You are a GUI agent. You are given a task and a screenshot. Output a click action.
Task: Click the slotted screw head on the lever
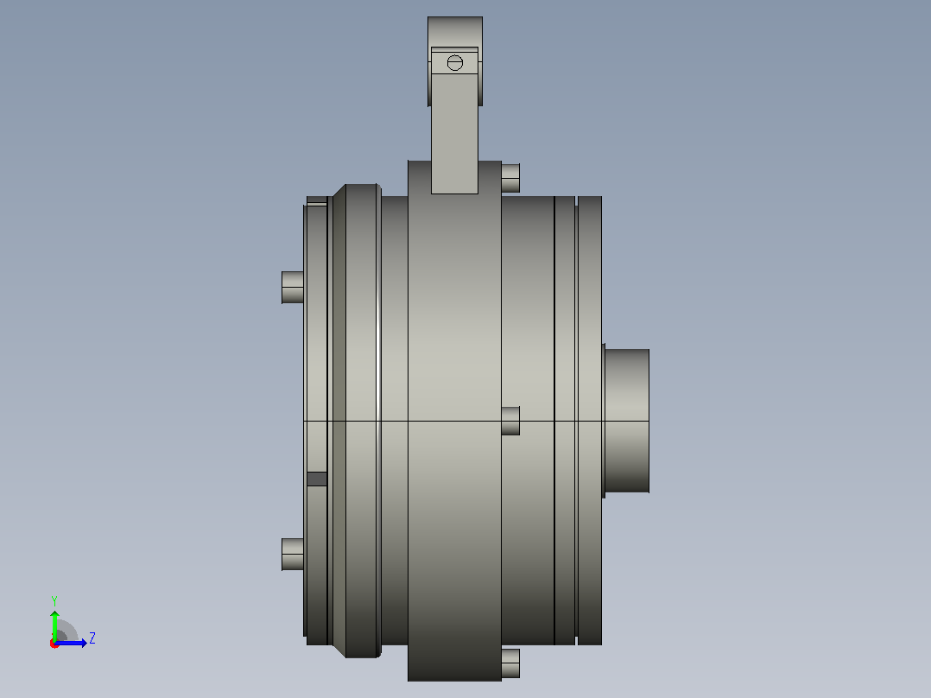(x=455, y=62)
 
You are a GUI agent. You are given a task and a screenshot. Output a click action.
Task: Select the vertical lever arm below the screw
(x=455, y=134)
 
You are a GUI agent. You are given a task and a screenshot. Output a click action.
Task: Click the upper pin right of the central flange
(x=510, y=178)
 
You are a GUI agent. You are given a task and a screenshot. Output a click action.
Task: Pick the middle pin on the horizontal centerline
(x=510, y=421)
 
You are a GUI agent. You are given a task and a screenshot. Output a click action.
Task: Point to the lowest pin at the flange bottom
(x=510, y=663)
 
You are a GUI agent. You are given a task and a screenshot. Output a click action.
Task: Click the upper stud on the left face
(x=293, y=288)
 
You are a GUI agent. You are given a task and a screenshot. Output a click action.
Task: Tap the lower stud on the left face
(x=293, y=555)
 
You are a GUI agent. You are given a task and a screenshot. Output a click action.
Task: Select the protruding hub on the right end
(x=627, y=421)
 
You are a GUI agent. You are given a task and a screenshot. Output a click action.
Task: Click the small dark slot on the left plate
(x=317, y=479)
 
